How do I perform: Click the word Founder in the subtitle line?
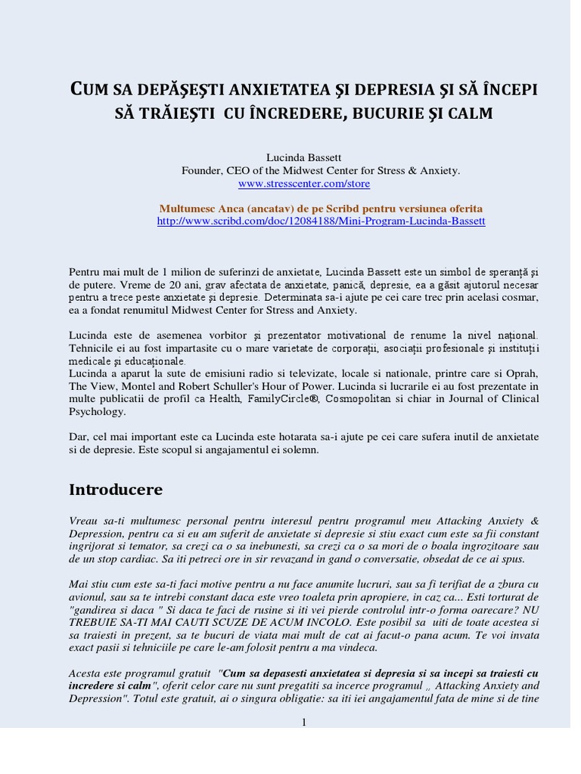click(x=200, y=171)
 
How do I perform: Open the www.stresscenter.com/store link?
click(x=304, y=183)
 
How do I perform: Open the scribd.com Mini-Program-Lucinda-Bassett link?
click(x=321, y=221)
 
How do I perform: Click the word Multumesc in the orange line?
click(x=186, y=208)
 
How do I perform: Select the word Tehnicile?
click(x=92, y=347)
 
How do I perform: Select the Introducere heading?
click(x=116, y=490)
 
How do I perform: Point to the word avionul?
click(x=88, y=598)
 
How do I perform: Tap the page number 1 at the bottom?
click(x=303, y=722)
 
